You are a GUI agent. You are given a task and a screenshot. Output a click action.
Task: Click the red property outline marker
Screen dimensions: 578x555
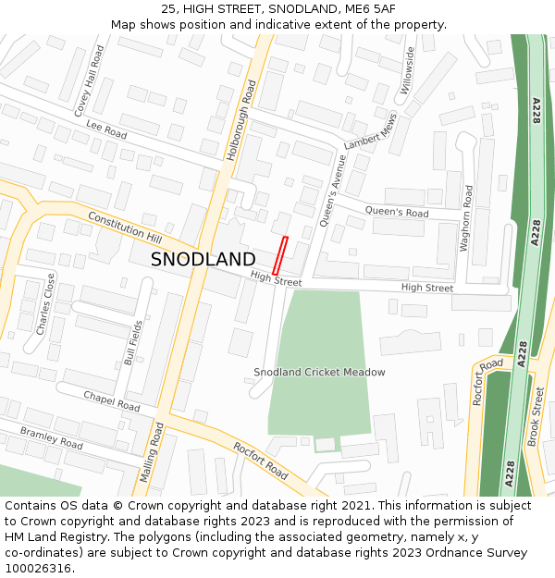coord(280,255)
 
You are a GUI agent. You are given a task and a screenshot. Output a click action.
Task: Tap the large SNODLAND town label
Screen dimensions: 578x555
coord(203,260)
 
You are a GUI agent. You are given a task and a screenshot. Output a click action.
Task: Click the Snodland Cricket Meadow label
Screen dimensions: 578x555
coord(319,373)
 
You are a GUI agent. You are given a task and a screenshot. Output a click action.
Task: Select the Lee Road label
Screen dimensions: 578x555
coord(105,129)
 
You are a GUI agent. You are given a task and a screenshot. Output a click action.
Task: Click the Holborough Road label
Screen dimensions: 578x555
coord(240,119)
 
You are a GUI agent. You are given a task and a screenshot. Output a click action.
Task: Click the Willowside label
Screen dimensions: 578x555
coord(409,71)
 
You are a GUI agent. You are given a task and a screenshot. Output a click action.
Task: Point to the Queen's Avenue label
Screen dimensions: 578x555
coord(332,189)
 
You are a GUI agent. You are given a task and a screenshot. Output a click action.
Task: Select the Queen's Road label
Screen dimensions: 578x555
coord(397,213)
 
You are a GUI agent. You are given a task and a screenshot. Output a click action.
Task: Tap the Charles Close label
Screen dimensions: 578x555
coord(45,303)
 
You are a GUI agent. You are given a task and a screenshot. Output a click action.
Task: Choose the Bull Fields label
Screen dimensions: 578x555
coord(134,342)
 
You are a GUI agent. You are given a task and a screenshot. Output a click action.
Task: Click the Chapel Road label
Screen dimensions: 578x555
coord(111,401)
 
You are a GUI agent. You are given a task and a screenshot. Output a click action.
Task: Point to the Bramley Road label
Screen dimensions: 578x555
coord(51,437)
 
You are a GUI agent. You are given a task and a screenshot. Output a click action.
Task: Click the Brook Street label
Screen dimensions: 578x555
coord(536,417)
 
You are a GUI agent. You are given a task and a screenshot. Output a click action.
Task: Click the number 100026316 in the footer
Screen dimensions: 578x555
coord(38,569)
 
